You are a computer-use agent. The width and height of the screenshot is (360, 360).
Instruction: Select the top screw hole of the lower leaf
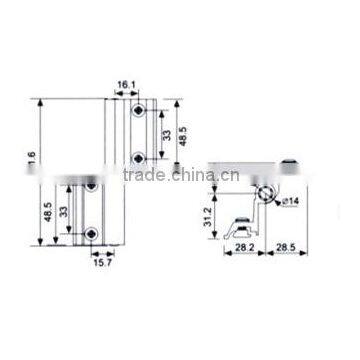point(91,185)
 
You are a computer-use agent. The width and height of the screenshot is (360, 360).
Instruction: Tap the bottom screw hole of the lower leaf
point(91,233)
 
